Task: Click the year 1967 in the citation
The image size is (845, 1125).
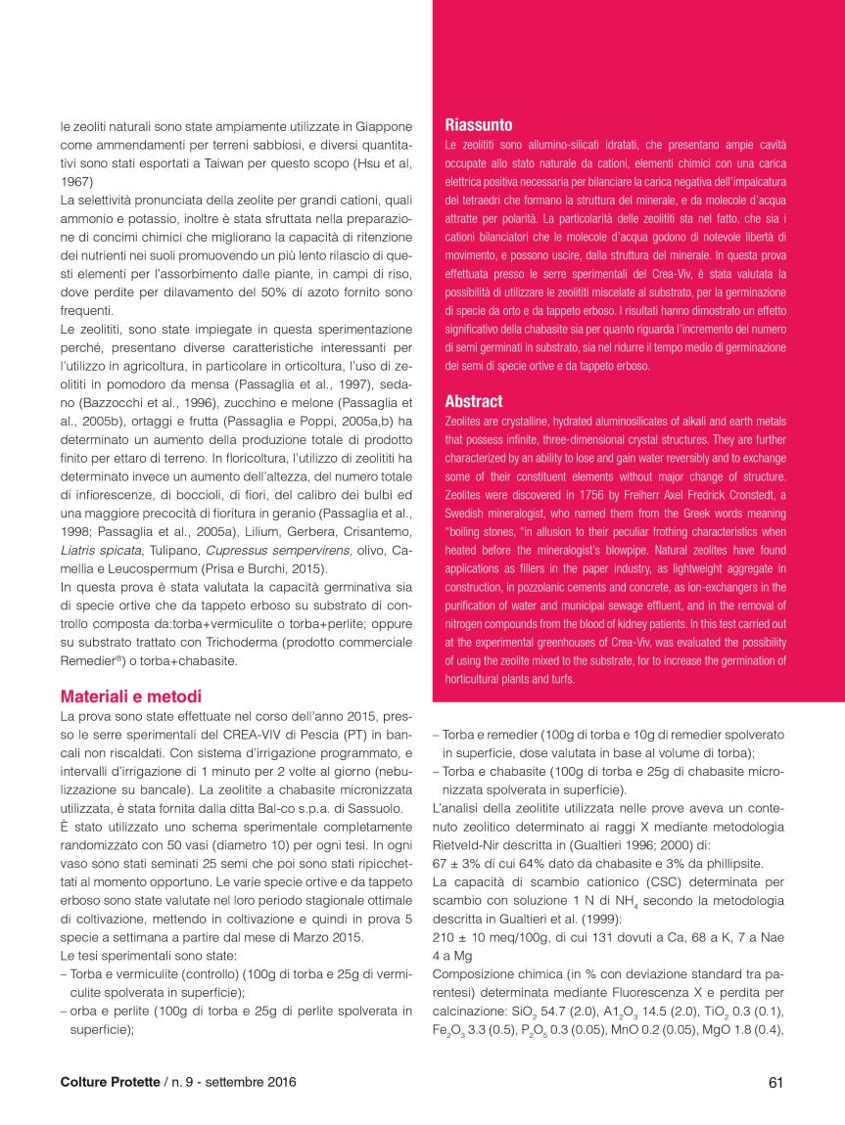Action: click(x=77, y=181)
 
